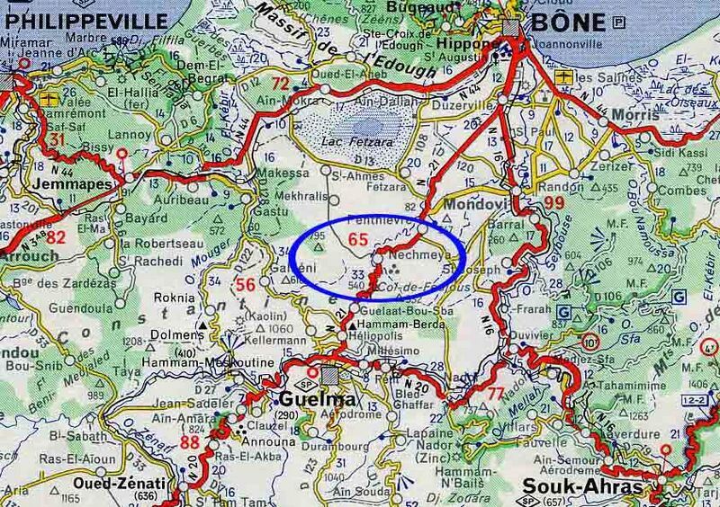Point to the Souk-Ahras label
(595, 487)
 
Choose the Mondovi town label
(478, 202)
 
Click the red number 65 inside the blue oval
(357, 239)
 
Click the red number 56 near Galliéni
(243, 286)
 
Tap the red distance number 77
(495, 392)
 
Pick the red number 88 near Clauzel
(190, 442)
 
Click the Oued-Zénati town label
(103, 484)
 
